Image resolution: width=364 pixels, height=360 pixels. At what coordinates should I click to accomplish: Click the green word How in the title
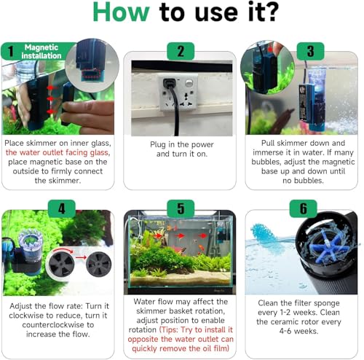(121, 12)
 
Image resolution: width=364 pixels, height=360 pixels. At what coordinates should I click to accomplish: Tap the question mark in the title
(272, 12)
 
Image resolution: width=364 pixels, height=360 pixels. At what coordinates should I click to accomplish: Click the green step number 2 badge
(181, 51)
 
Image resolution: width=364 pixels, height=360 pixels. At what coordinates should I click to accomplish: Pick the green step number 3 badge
(311, 51)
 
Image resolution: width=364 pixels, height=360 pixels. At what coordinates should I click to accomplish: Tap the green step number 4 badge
(62, 208)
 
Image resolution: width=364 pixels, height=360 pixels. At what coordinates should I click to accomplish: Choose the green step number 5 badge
(181, 208)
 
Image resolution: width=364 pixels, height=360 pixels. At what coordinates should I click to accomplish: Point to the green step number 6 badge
(304, 208)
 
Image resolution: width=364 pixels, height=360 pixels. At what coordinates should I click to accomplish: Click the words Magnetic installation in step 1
(41, 51)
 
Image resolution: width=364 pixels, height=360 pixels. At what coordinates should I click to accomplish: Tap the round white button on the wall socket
(189, 83)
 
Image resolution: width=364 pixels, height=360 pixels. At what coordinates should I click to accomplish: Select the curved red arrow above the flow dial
(63, 251)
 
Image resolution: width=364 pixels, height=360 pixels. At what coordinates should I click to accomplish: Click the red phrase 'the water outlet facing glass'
(57, 152)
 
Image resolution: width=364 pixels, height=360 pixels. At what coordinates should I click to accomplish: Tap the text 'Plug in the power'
(182, 144)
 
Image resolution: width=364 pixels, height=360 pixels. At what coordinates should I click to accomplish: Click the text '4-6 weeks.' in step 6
(298, 331)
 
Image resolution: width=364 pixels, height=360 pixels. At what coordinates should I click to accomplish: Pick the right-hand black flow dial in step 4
(98, 265)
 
